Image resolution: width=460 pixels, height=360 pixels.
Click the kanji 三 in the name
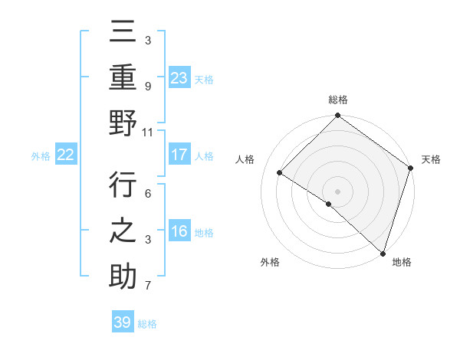[123, 32]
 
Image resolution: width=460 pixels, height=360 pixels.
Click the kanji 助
[123, 276]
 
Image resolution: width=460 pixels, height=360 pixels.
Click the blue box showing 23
[179, 77]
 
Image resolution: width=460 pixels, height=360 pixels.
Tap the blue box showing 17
[179, 155]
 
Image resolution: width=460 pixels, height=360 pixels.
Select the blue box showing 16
[179, 232]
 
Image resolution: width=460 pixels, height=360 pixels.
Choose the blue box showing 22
[66, 155]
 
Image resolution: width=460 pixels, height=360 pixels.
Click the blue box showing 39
[122, 322]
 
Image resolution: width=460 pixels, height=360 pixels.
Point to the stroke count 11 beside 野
[147, 132]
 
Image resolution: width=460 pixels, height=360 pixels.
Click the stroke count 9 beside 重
[147, 87]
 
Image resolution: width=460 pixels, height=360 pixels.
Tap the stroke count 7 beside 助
[147, 286]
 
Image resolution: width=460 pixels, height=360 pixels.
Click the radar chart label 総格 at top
[338, 100]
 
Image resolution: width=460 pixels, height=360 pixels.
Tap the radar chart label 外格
[270, 263]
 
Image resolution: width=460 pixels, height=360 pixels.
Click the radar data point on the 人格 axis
[280, 173]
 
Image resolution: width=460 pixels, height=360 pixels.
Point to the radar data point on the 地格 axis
[383, 252]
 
